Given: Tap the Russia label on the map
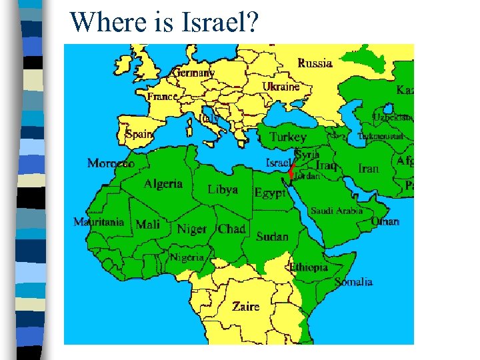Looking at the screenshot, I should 315,63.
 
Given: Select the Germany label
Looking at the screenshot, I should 194,73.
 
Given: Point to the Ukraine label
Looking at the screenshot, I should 281,87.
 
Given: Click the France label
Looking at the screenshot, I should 163,97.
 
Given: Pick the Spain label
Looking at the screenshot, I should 139,134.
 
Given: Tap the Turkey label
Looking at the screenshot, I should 288,137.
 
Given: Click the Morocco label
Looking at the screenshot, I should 111,163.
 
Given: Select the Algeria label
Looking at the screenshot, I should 163,183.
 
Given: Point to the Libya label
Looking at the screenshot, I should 223,189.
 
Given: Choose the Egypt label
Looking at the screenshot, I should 270,193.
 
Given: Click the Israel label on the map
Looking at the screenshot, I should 279,163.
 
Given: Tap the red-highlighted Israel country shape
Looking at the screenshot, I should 291,169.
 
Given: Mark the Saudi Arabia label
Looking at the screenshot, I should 337,211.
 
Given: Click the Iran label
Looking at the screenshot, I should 369,169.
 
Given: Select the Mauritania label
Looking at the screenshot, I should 99,223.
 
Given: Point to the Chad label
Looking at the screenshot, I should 232,229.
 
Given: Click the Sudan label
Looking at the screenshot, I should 272,236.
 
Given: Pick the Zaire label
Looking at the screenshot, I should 246,307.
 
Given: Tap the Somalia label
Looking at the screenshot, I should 353,282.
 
